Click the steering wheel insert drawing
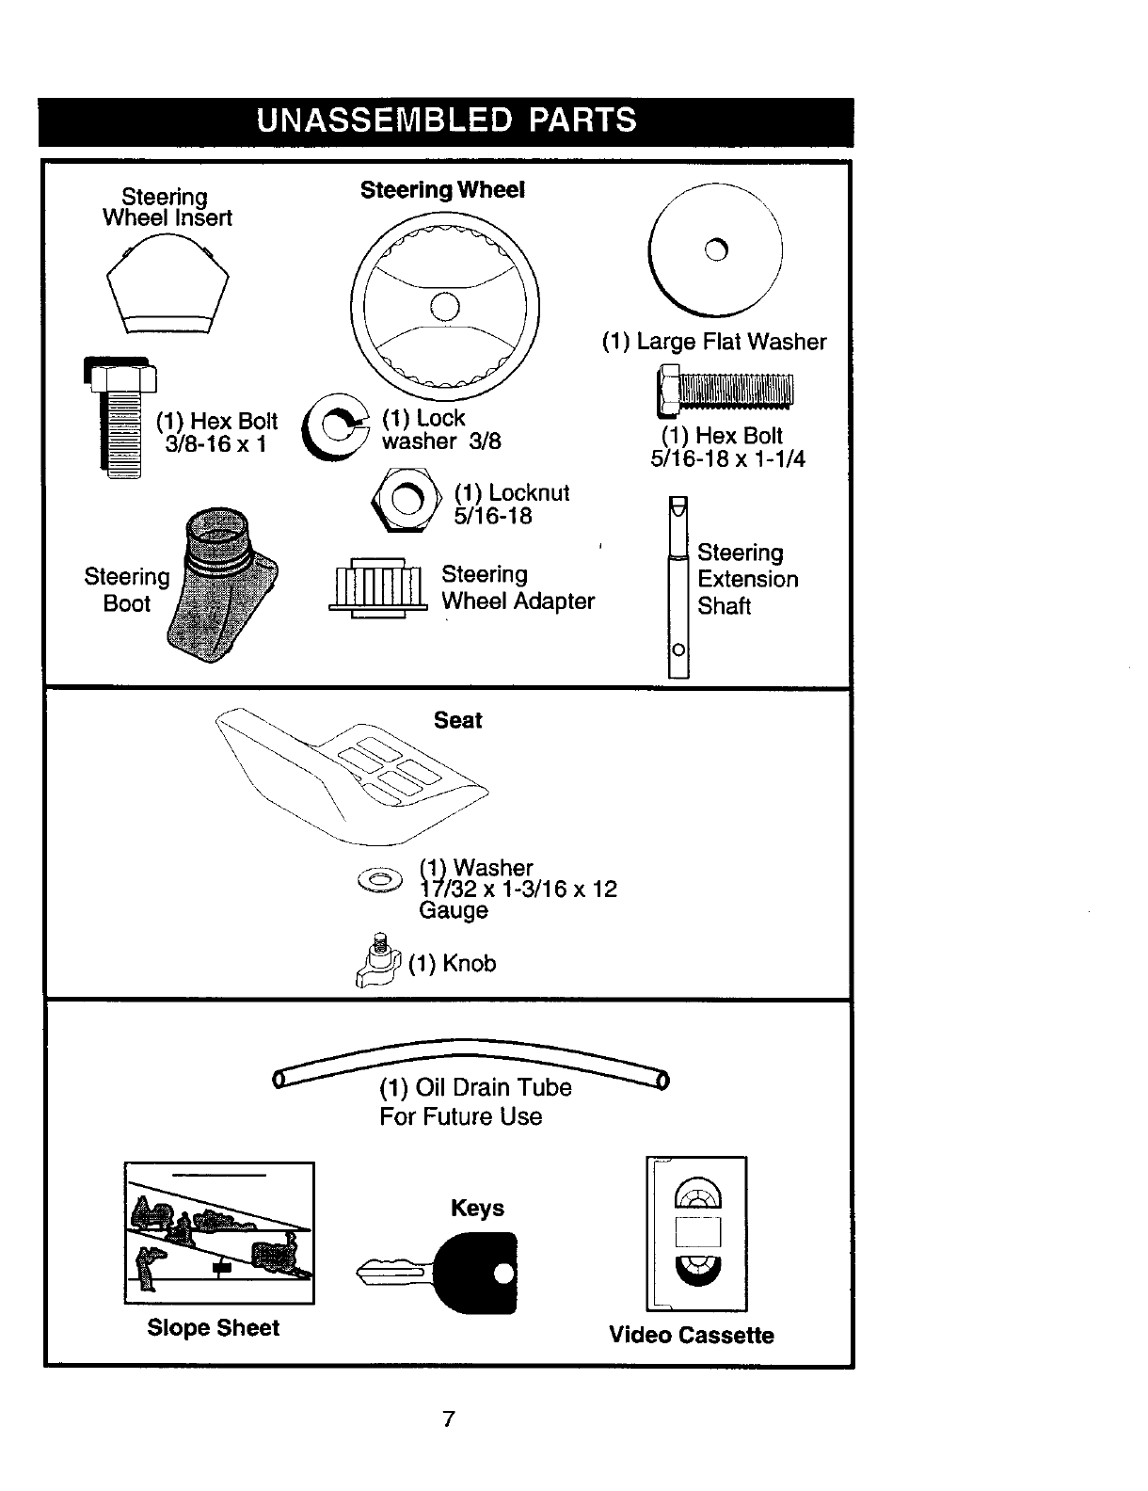167,286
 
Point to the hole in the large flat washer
716,249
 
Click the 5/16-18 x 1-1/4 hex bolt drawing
725,391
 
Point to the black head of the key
481,1273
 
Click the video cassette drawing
696,1233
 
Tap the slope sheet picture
219,1233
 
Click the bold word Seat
458,720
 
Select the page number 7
449,1419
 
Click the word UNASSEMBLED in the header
382,121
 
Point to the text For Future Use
461,1117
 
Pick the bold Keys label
477,1208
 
